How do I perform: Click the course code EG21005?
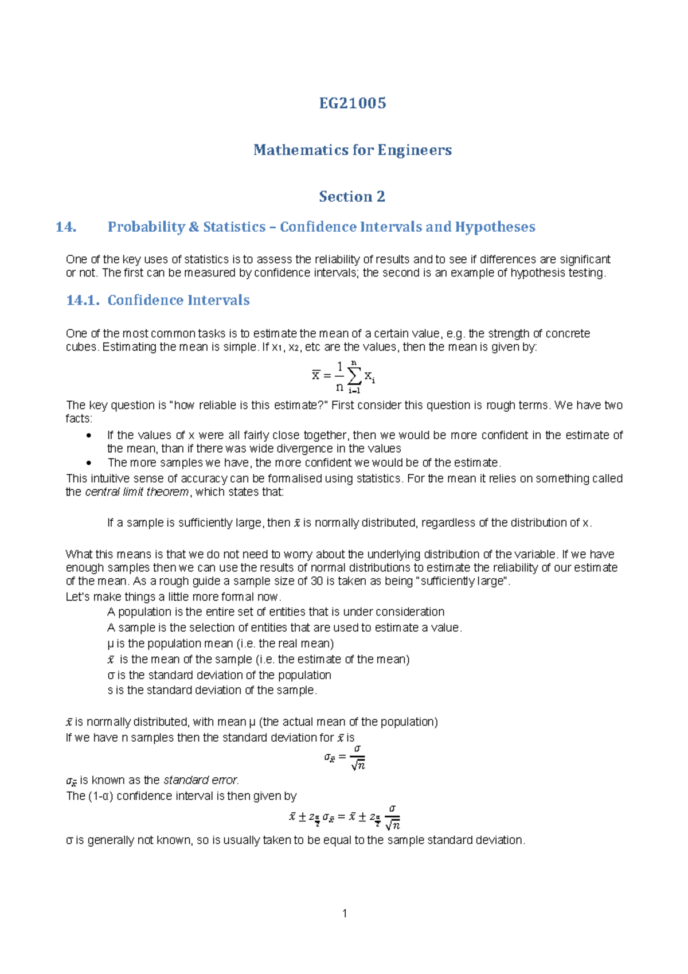coord(352,103)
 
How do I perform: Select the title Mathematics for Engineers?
coord(352,150)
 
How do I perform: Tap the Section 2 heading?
coord(352,197)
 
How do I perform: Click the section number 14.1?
coord(83,300)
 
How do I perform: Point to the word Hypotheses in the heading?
coord(495,227)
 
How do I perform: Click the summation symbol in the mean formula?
coord(354,376)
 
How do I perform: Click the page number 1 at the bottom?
coord(345,913)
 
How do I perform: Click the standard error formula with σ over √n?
coord(345,757)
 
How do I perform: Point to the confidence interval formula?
coord(345,817)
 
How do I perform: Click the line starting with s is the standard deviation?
coord(212,690)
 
